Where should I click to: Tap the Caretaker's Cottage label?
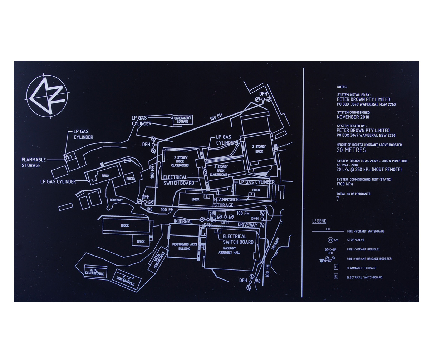183,120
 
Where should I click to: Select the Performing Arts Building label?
185,247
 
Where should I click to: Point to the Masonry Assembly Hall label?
229,250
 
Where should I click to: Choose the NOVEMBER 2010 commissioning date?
353,117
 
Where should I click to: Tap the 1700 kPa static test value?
344,184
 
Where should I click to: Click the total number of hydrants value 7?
338,199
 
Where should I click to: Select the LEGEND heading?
319,221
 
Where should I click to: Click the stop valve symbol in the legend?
331,240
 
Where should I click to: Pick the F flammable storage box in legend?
336,267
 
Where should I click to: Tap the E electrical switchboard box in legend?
336,276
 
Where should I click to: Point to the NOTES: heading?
342,87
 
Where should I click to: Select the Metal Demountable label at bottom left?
95,272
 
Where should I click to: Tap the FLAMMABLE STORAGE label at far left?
34,162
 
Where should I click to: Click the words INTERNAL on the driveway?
183,222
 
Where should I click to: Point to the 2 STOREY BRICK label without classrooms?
259,149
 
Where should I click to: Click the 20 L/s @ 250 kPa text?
369,170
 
